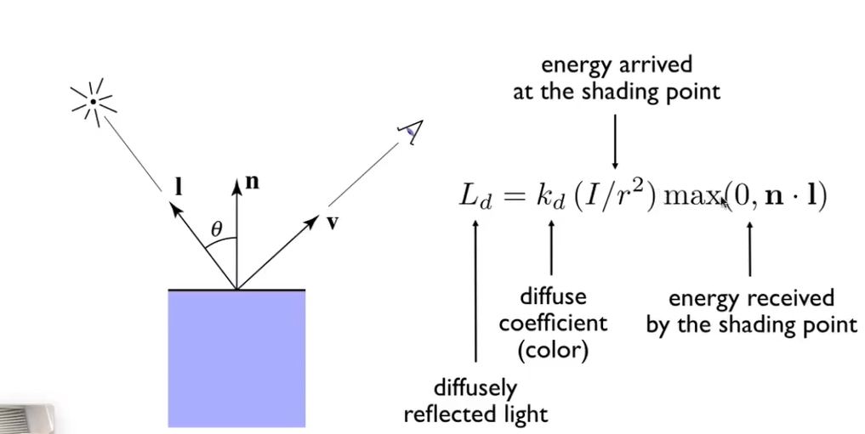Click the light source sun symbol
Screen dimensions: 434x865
click(93, 102)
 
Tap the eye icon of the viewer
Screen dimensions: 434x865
click(411, 131)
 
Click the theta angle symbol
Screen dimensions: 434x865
click(217, 228)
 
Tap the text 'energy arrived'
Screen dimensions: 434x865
click(617, 65)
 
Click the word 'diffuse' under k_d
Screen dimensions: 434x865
click(553, 297)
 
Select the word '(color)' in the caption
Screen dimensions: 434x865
click(553, 349)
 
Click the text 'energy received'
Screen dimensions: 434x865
click(751, 298)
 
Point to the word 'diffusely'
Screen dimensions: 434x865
click(475, 388)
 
